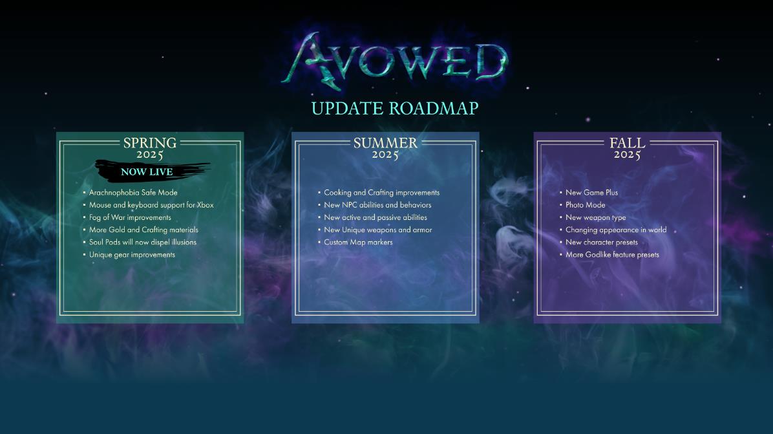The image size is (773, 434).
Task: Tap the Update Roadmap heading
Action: pyautogui.click(x=395, y=109)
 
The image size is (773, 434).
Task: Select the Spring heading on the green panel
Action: pyautogui.click(x=150, y=143)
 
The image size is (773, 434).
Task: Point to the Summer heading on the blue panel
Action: pyautogui.click(x=385, y=143)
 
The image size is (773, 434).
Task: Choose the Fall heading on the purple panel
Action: pyautogui.click(x=627, y=143)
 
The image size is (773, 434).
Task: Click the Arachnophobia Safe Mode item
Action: pyautogui.click(x=133, y=193)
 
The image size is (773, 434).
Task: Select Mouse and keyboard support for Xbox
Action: pyautogui.click(x=151, y=205)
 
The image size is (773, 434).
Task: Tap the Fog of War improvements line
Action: pyautogui.click(x=130, y=217)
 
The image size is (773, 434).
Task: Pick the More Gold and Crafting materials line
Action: pyautogui.click(x=143, y=230)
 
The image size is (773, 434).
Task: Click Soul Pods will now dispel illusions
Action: pyautogui.click(x=142, y=242)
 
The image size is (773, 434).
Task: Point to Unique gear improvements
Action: pyautogui.click(x=132, y=255)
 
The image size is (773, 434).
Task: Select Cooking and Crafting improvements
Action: pyautogui.click(x=381, y=193)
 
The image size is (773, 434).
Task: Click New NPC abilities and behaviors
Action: pyautogui.click(x=377, y=205)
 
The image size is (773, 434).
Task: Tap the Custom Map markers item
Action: pyautogui.click(x=359, y=242)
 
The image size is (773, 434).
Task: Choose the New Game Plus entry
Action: pyautogui.click(x=591, y=193)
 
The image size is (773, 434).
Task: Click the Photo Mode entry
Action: pyautogui.click(x=585, y=205)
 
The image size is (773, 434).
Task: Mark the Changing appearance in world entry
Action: pyautogui.click(x=616, y=230)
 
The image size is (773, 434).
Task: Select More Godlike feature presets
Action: pyautogui.click(x=612, y=255)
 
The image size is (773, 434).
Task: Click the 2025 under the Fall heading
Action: pyautogui.click(x=627, y=155)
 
